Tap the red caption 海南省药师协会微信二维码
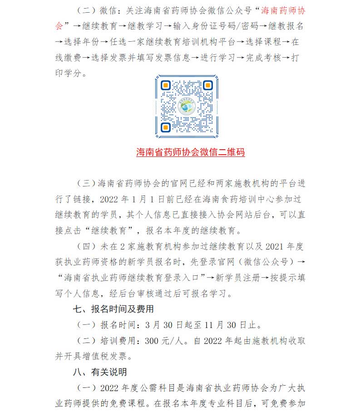191,152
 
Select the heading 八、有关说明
102,372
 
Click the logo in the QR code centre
187,107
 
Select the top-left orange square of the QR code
166,85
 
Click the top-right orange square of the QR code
208,85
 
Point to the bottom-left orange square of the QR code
166,127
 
